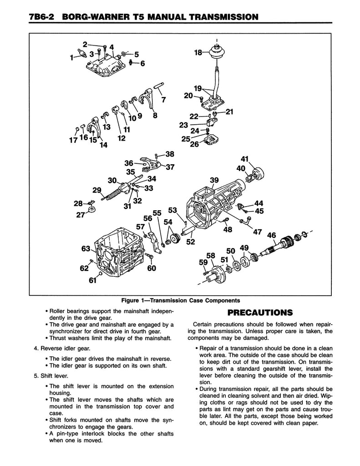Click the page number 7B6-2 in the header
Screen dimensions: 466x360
pyautogui.click(x=40, y=17)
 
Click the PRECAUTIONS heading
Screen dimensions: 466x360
pyautogui.click(x=259, y=312)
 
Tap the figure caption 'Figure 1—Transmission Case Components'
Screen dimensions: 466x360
pyautogui.click(x=180, y=301)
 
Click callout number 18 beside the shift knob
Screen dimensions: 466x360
pyautogui.click(x=198, y=53)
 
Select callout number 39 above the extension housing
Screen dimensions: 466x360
pyautogui.click(x=214, y=180)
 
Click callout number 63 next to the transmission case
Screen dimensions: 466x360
pyautogui.click(x=86, y=248)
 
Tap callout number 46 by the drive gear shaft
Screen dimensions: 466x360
pyautogui.click(x=271, y=235)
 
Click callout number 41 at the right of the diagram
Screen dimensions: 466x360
pyautogui.click(x=244, y=159)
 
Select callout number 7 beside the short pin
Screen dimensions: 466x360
pyautogui.click(x=164, y=99)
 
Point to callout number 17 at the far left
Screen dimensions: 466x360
pyautogui.click(x=73, y=140)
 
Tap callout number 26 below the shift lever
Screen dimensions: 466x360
pyautogui.click(x=194, y=145)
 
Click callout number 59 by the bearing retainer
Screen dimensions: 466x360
pyautogui.click(x=203, y=262)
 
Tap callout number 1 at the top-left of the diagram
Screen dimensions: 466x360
pyautogui.click(x=71, y=58)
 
